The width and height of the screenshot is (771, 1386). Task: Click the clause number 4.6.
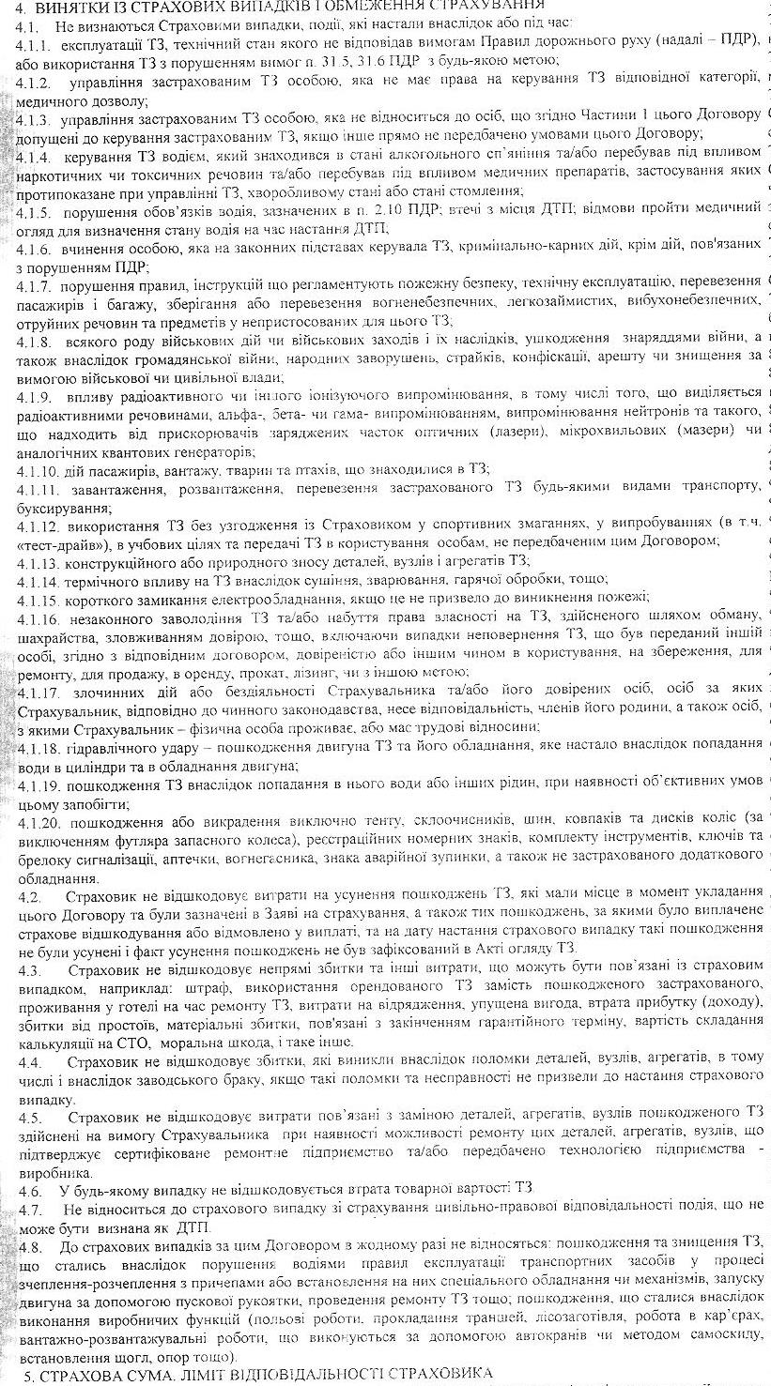[29, 1187]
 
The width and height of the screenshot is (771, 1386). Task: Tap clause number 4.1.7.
[35, 281]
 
